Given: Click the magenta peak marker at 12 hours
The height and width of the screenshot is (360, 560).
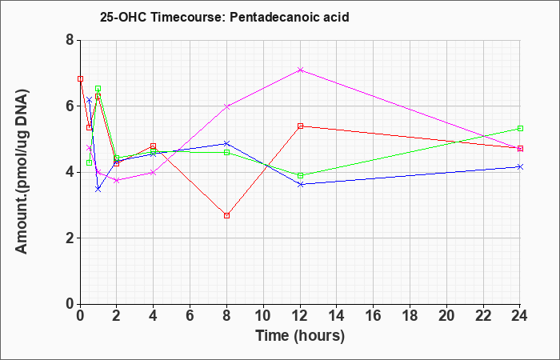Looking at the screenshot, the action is (300, 70).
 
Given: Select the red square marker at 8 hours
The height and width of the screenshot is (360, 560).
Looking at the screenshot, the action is (226, 215).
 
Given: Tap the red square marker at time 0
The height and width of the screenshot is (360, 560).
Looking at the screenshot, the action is (80, 78).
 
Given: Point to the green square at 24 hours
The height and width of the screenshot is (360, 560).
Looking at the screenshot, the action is (520, 128).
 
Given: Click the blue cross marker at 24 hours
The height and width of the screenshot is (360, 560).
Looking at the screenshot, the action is (520, 166).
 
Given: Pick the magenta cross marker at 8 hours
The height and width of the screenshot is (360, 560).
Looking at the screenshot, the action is (226, 106).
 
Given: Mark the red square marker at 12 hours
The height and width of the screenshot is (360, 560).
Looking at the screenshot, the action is (300, 126).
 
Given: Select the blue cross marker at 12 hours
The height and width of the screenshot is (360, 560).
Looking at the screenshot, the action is (300, 184).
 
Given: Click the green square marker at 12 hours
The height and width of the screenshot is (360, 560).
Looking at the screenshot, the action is (300, 175).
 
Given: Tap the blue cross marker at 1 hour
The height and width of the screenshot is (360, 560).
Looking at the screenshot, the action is (98, 189).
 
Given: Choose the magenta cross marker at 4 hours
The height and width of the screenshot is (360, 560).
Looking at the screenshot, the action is (154, 173).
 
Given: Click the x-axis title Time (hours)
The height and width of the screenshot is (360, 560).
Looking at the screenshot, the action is (300, 336).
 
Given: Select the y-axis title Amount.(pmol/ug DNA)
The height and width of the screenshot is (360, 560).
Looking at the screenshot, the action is (22, 171).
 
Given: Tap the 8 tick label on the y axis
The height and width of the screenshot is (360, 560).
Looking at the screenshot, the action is (70, 40).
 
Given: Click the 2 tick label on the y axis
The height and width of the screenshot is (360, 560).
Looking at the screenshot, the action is (70, 238).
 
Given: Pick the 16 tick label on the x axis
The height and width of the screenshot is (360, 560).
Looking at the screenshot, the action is (374, 316).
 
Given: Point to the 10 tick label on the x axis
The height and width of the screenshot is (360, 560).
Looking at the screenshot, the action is (263, 316).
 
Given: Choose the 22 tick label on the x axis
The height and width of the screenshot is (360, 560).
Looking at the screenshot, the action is (483, 316).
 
